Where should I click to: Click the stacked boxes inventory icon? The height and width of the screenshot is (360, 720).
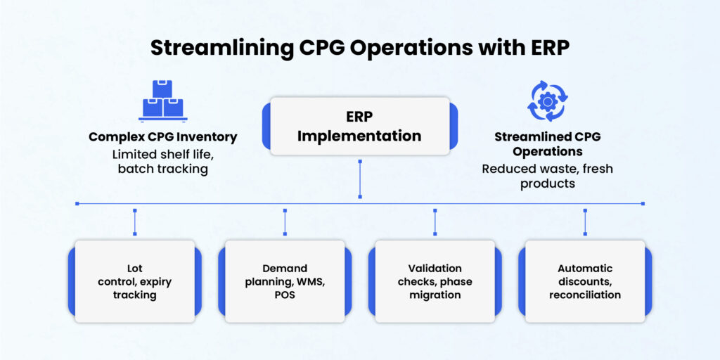[162, 100]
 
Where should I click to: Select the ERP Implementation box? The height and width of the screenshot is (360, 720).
[359, 126]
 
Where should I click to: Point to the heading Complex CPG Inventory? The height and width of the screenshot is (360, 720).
[162, 136]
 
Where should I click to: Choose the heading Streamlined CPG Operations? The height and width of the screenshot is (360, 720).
[547, 143]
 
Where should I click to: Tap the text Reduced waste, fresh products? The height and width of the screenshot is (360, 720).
[547, 176]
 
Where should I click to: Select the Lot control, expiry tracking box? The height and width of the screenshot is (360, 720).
[134, 281]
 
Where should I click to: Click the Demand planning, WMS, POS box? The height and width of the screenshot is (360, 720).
[285, 281]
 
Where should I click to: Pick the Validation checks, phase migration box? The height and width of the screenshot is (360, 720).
[435, 281]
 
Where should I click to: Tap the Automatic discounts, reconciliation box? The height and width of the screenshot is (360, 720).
[584, 281]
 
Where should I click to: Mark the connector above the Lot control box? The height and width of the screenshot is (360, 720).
[134, 221]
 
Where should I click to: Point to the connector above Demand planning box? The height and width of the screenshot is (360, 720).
[285, 221]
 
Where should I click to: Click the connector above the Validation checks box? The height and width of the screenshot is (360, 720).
[435, 221]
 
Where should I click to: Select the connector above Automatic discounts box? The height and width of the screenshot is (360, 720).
[585, 221]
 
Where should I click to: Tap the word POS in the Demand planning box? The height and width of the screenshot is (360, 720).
[285, 295]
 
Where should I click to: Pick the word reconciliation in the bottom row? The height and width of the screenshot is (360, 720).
[585, 295]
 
